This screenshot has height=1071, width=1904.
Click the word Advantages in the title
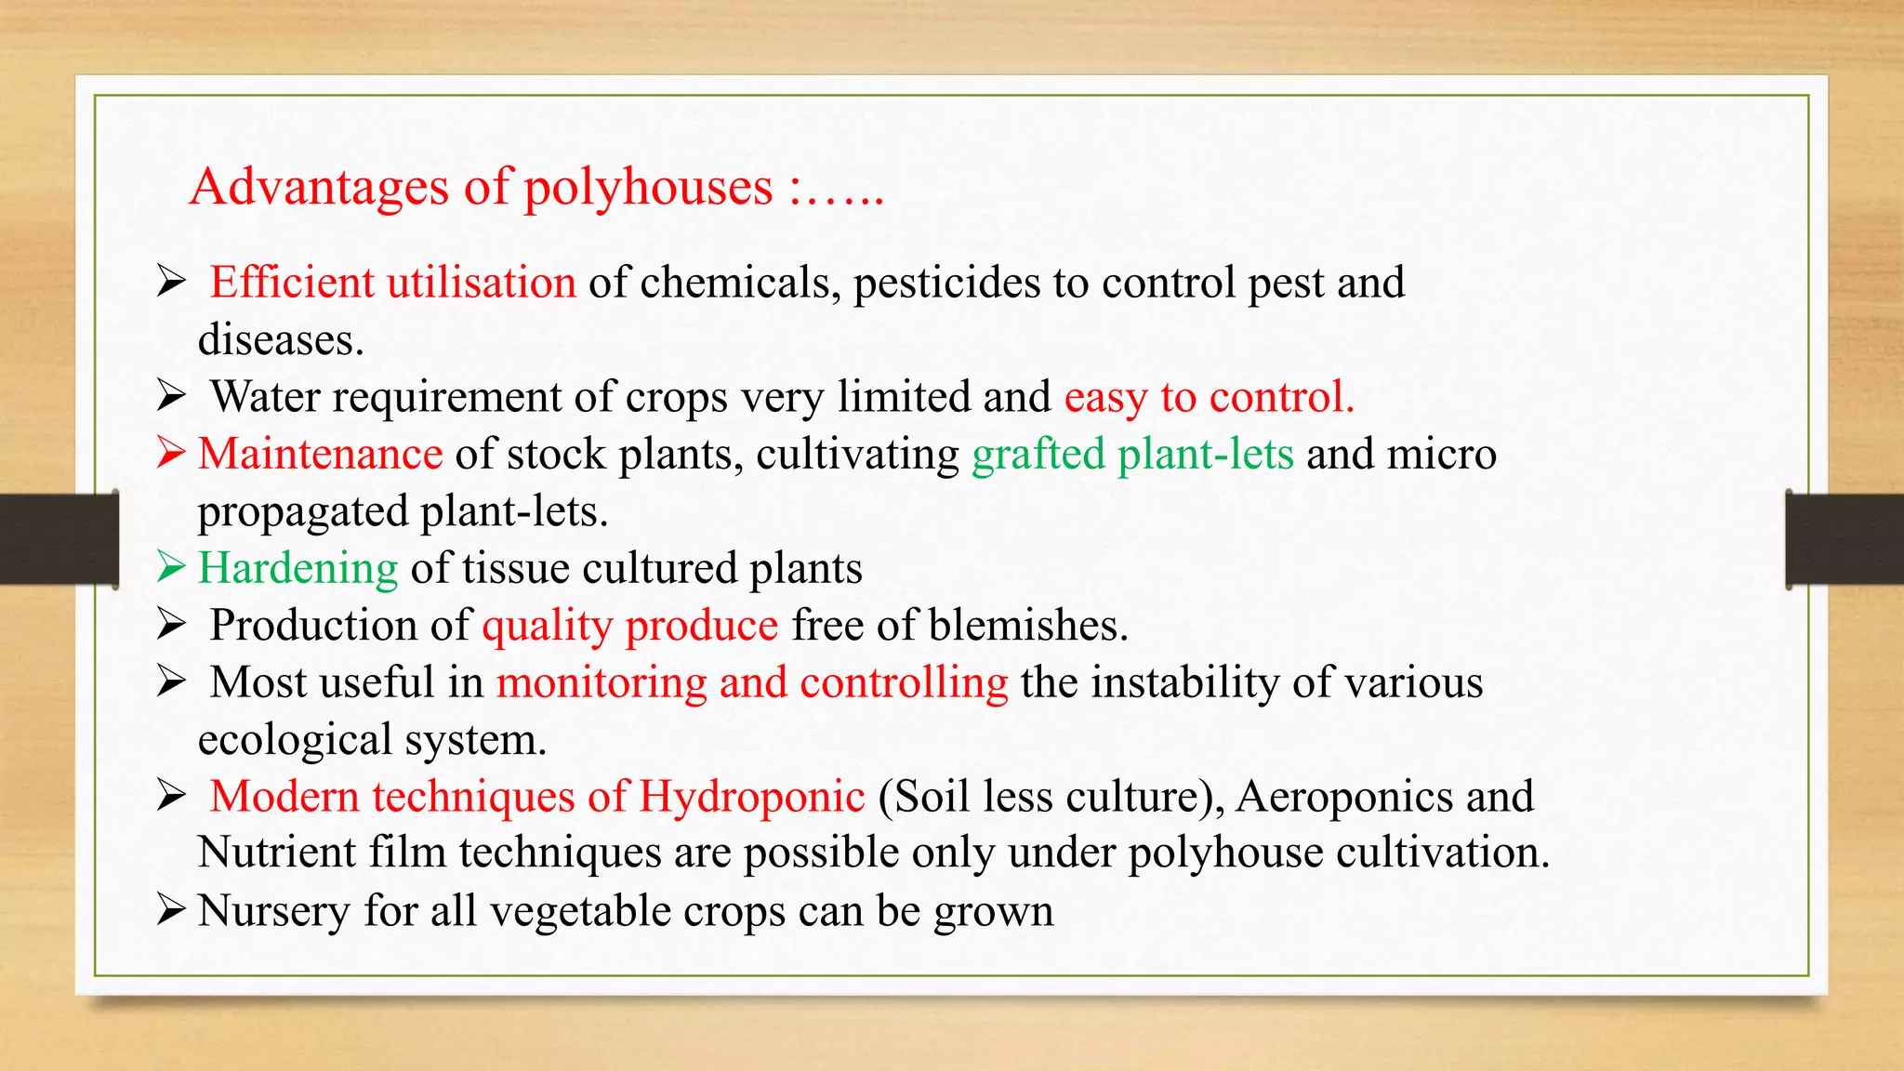[x=320, y=187]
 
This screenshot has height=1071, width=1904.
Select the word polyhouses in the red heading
[x=648, y=187]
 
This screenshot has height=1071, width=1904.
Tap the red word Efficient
[x=291, y=282]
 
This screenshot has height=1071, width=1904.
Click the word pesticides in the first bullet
[x=946, y=284]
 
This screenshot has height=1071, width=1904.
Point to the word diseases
[x=280, y=339]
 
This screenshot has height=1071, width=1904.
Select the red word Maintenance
[x=320, y=454]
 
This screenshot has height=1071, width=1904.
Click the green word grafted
[x=1038, y=455]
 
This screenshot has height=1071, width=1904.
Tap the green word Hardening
[x=297, y=568]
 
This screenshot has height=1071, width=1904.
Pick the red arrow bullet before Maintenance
[x=171, y=453]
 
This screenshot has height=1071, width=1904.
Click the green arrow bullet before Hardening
[x=171, y=566]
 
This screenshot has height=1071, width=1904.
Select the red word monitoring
[x=602, y=683]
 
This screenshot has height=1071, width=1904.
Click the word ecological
[x=295, y=740]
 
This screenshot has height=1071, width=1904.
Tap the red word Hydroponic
[x=751, y=797]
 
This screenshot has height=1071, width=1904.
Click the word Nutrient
[x=276, y=853]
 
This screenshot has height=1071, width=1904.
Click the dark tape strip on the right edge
[x=1844, y=539]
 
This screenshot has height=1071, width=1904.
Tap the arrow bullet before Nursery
[x=171, y=909]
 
